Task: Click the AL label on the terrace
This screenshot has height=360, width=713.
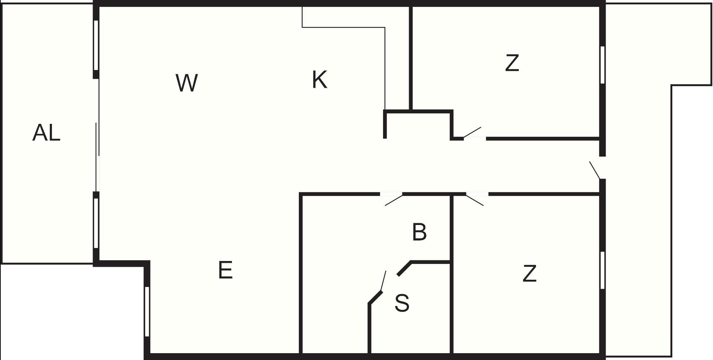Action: click(46, 132)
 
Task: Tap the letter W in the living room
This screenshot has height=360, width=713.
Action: click(187, 82)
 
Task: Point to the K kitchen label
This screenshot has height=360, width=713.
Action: click(320, 80)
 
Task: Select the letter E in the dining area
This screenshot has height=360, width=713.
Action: click(225, 270)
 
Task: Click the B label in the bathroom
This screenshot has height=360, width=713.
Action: click(420, 232)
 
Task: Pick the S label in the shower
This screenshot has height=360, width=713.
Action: click(402, 303)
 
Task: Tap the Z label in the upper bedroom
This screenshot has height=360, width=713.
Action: click(512, 63)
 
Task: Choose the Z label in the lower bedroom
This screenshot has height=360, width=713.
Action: click(529, 273)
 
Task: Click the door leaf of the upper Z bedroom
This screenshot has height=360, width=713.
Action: click(472, 132)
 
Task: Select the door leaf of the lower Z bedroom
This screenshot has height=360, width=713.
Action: click(475, 200)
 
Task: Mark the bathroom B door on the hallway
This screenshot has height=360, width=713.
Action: click(394, 200)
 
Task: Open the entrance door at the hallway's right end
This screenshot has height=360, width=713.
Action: click(595, 170)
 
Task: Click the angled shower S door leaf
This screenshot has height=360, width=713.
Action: click(384, 281)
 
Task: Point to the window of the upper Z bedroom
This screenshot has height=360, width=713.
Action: click(602, 65)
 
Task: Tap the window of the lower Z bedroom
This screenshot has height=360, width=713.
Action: click(602, 270)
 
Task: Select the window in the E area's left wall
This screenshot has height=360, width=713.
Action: click(147, 311)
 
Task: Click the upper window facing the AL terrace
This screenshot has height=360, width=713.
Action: click(96, 45)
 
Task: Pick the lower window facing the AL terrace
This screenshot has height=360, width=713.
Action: click(96, 223)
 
